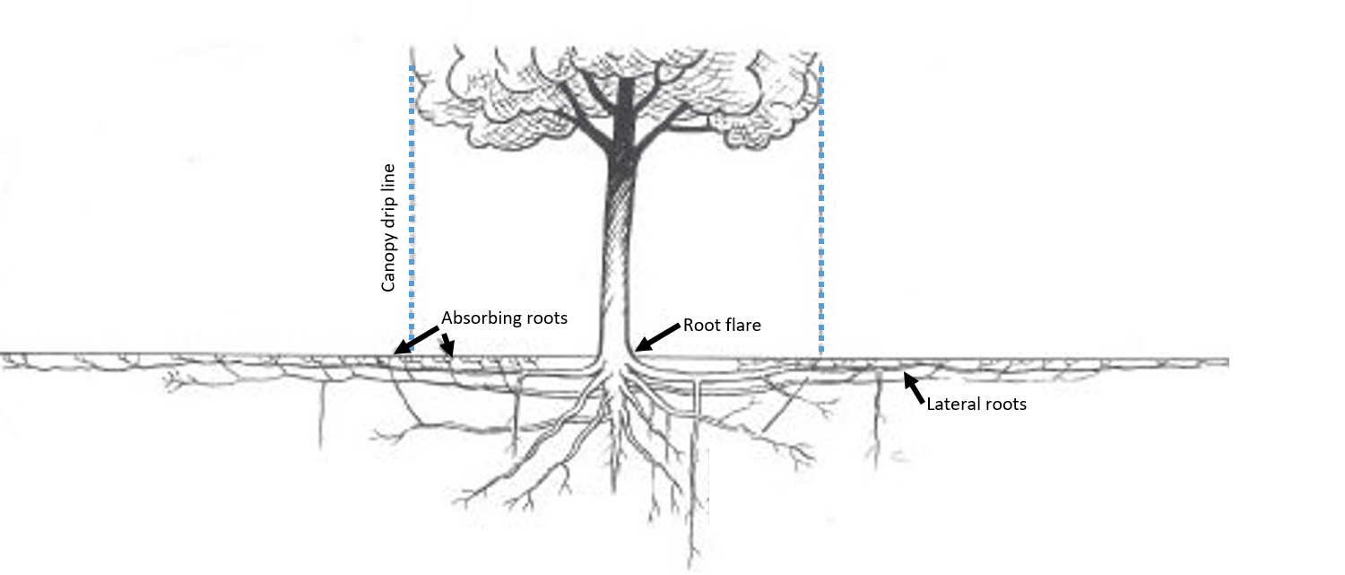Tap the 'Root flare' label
722,325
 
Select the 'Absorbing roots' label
504,318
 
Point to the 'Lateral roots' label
976,405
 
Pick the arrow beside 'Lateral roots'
914,387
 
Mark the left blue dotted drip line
412,206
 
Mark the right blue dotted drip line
821,206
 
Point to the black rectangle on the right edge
1286,287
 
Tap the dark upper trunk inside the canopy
622,117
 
